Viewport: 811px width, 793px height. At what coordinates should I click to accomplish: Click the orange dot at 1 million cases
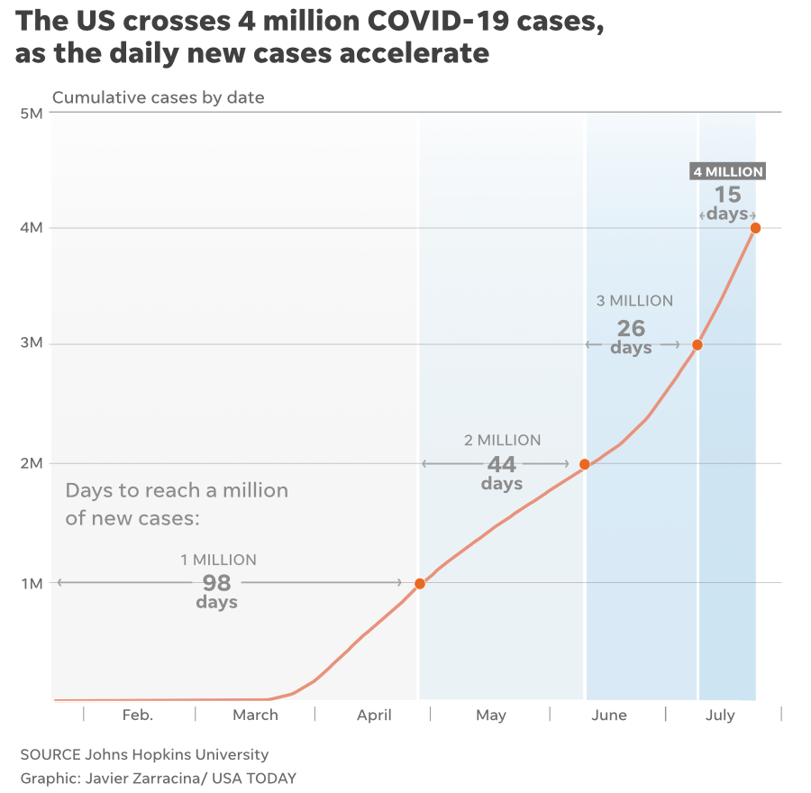419,584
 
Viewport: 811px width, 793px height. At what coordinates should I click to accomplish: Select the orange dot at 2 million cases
585,464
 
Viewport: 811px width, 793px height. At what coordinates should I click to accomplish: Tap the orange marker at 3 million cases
697,345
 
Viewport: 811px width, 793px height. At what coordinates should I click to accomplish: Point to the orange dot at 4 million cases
755,228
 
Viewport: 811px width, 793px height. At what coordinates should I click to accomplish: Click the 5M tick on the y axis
31,114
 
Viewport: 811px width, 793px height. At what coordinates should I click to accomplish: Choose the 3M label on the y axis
31,344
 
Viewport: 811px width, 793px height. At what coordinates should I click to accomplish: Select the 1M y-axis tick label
31,583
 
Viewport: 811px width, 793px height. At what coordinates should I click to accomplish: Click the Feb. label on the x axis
138,716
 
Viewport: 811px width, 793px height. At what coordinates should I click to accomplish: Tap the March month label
255,716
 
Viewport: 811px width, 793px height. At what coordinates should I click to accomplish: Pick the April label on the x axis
374,716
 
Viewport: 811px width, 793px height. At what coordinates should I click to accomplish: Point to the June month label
609,716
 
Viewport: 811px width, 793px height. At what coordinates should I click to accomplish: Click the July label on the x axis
720,716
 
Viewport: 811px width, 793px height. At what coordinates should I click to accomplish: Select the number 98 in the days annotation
216,582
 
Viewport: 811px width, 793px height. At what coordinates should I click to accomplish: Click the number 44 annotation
501,464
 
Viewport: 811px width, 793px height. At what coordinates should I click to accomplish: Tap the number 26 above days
631,328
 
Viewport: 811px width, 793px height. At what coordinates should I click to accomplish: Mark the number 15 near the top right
727,194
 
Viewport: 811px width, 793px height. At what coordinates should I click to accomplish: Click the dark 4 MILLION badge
727,171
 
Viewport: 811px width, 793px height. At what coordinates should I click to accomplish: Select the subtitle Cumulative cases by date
159,97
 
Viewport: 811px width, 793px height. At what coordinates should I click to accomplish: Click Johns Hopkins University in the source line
178,754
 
